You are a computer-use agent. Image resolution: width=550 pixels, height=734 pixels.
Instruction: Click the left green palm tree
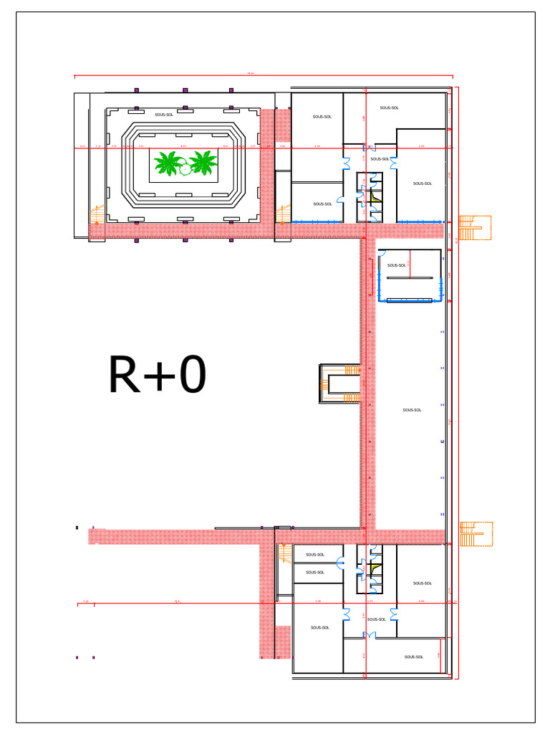coord(168,163)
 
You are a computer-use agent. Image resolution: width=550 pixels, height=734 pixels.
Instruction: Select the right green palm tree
coord(203,163)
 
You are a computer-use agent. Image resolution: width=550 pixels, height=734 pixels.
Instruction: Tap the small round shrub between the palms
coord(185,168)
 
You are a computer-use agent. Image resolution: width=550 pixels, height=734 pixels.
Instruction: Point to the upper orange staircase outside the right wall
coord(473,228)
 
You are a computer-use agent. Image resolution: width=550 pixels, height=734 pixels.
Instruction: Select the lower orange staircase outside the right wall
coord(475,533)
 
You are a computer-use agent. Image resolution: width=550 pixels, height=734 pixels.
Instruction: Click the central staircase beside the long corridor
coord(341,383)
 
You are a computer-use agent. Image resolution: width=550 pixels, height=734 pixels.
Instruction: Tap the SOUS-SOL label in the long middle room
coord(412,410)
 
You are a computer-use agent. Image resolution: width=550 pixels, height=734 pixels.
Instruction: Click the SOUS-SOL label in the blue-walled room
coord(397,265)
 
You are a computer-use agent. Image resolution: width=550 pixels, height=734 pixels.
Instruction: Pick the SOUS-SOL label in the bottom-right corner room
coord(414,657)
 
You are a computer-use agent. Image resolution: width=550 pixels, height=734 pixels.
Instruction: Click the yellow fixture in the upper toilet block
coord(373,193)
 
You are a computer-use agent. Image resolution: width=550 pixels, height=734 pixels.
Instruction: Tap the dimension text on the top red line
coord(251,73)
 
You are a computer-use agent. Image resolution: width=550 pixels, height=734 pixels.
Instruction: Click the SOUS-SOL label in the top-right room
coord(390,108)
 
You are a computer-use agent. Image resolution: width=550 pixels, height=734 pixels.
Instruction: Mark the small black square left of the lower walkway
coord(77,528)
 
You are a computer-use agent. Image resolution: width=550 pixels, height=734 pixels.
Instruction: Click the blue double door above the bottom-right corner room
coord(370,635)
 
